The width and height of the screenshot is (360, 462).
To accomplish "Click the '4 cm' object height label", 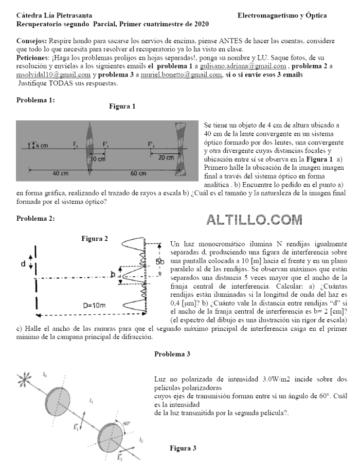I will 41,146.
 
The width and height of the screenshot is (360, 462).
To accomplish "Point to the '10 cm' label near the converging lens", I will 97,159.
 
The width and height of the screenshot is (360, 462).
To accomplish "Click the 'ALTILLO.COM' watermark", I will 254,221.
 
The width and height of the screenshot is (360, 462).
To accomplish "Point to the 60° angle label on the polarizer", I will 126,423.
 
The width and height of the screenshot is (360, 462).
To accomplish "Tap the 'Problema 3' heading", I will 172,354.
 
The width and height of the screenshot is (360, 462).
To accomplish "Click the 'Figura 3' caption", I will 183,448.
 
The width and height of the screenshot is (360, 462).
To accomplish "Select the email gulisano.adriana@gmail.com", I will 243,66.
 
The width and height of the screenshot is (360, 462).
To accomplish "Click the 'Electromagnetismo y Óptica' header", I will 282,16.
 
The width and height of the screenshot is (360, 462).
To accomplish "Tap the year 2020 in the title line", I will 201,24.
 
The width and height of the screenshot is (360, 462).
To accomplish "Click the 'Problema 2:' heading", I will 35,219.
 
